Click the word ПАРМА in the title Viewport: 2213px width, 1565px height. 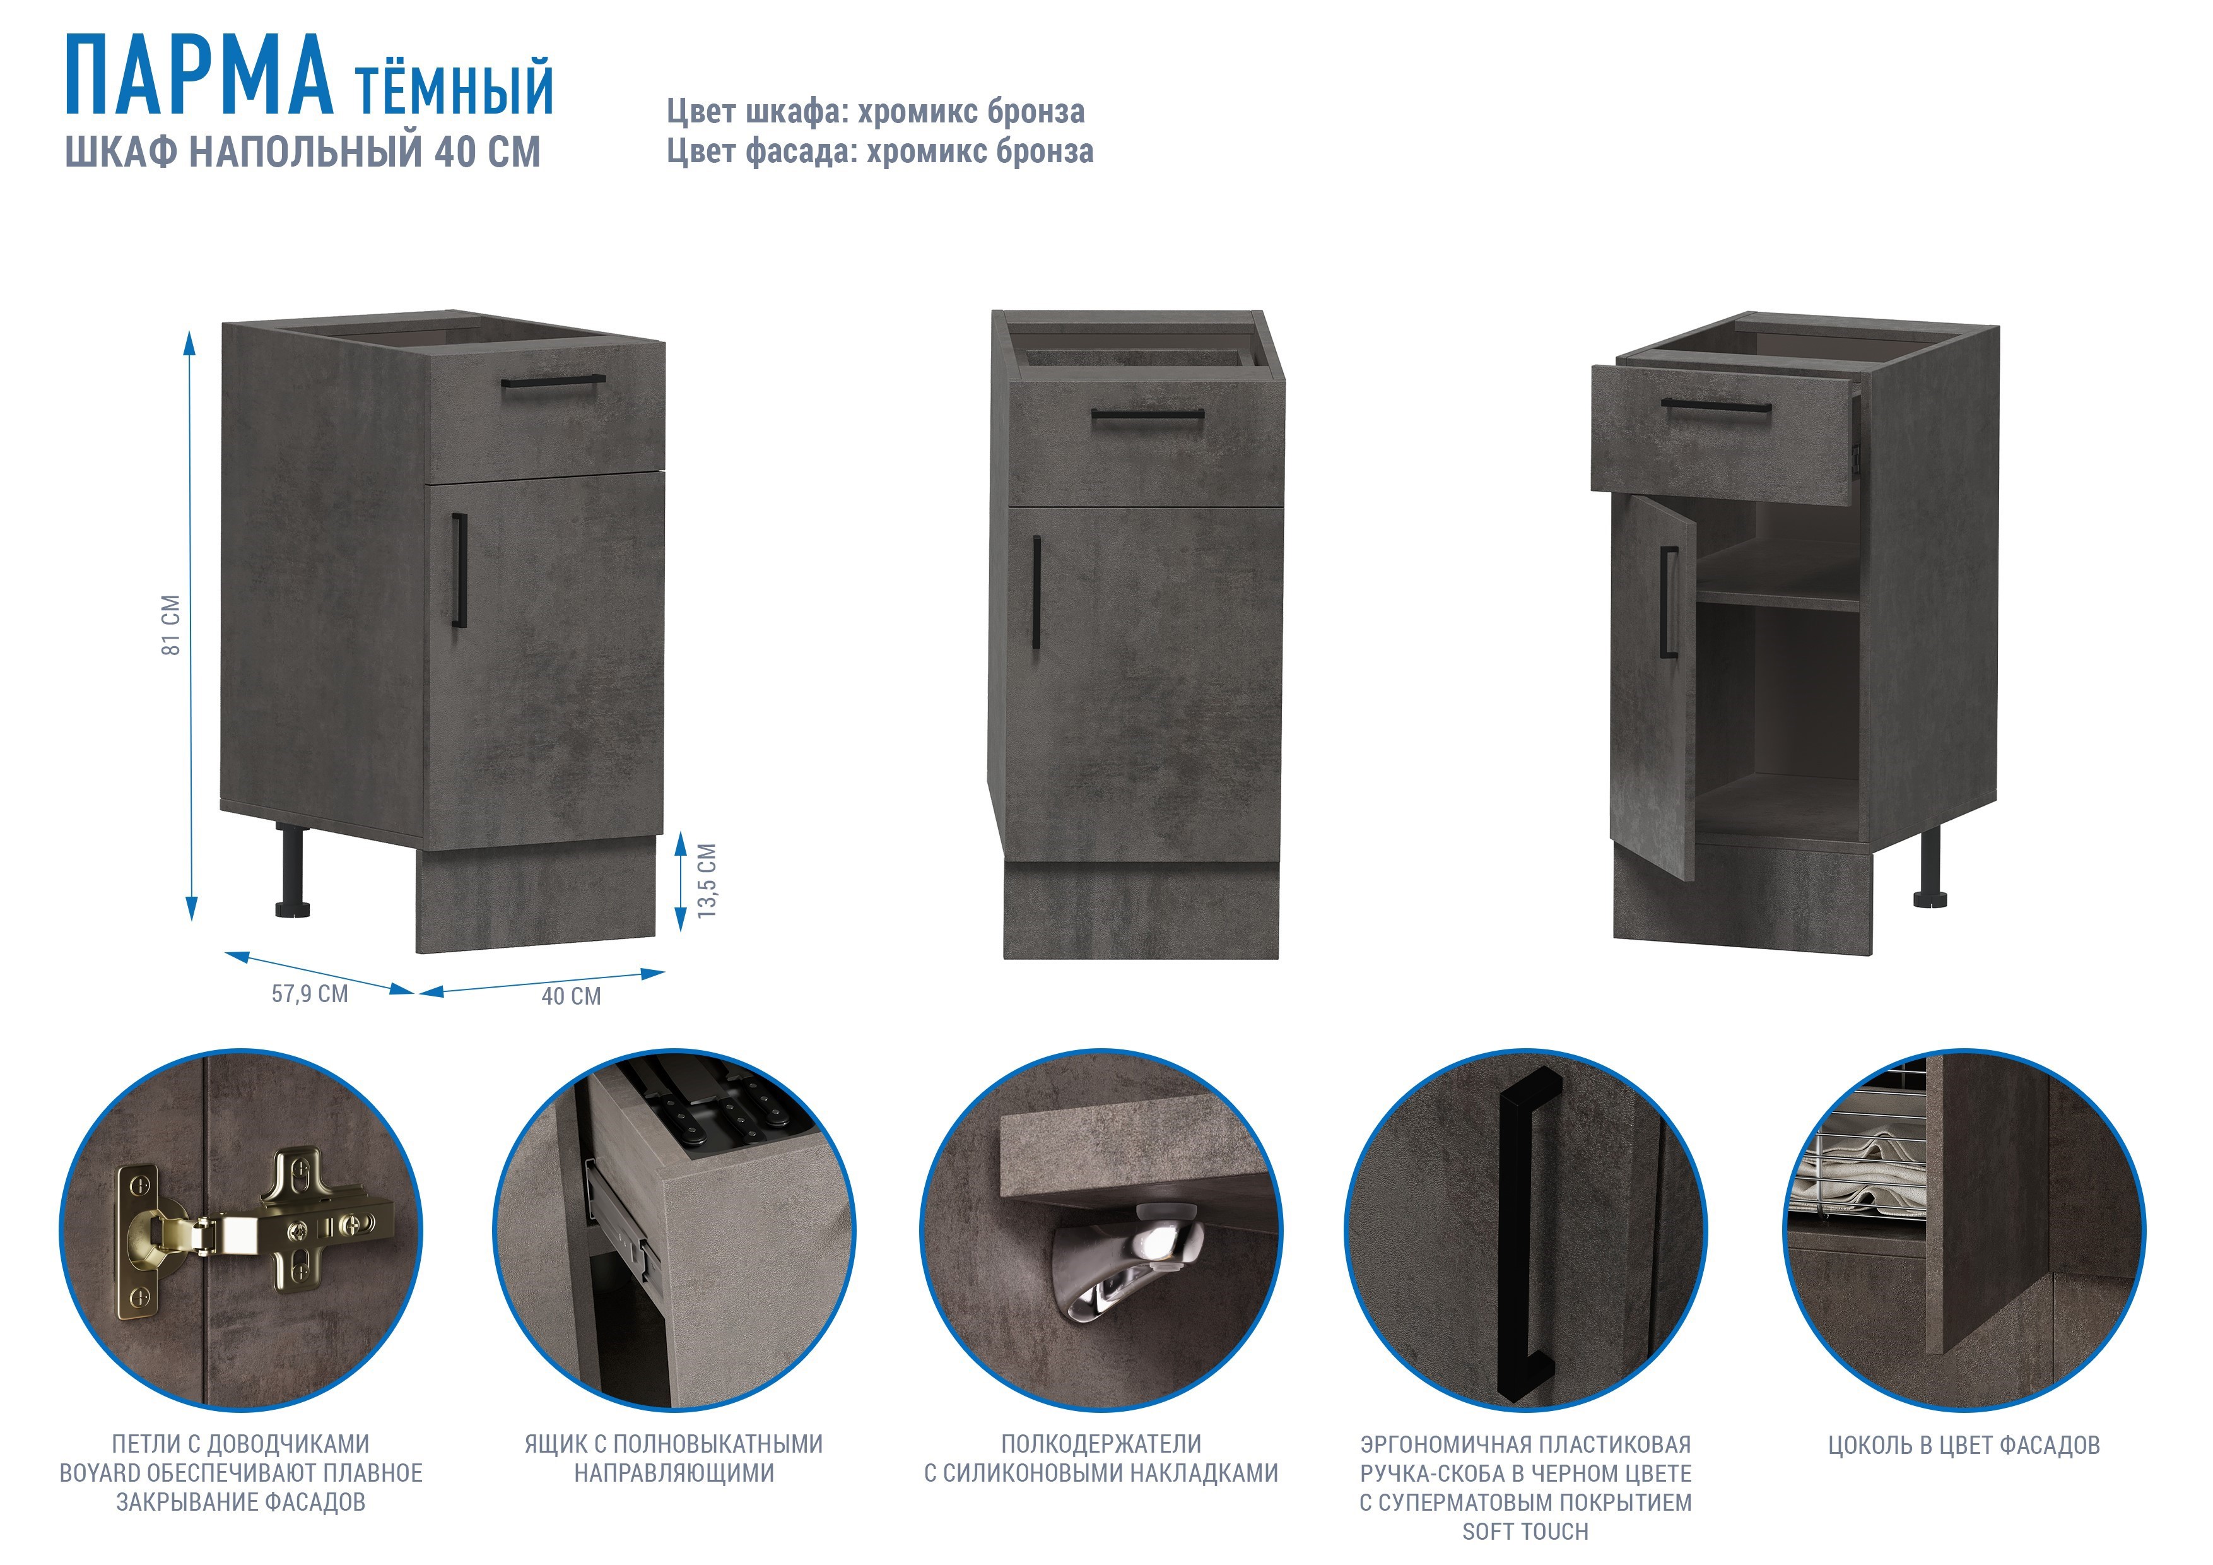199,75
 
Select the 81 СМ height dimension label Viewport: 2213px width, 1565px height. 170,625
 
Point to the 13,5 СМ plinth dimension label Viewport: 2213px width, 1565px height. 707,880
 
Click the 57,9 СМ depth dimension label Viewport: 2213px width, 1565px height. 309,993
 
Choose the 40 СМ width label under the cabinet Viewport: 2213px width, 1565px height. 572,996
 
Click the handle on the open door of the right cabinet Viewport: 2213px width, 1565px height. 1669,603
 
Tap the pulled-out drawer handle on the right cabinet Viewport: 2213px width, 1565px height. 1717,405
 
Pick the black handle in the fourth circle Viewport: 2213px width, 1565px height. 1529,1235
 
